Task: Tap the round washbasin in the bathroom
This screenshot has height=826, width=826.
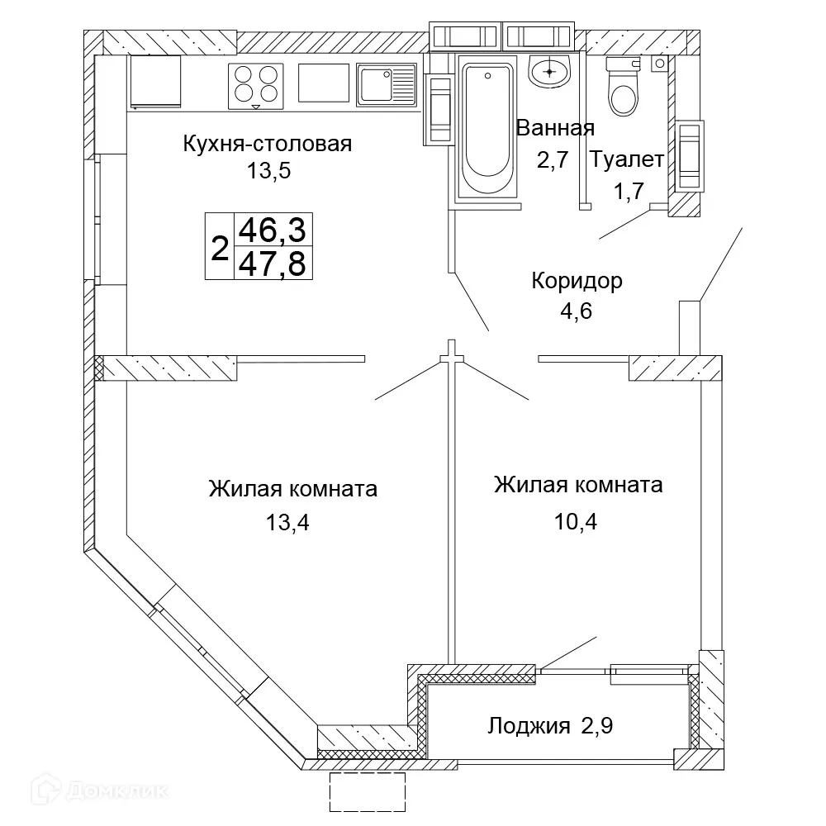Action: pos(550,71)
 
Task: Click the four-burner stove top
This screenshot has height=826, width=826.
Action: pos(255,85)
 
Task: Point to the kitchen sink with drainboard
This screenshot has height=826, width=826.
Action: pos(387,84)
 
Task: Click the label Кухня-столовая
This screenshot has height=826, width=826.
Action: pos(267,145)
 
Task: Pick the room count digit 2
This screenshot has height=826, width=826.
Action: pos(220,247)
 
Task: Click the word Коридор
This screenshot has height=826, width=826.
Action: pos(576,281)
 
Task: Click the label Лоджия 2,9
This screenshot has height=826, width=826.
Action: pos(548,726)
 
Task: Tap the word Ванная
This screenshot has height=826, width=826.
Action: pos(555,128)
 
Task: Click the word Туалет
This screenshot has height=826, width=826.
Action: pos(627,159)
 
